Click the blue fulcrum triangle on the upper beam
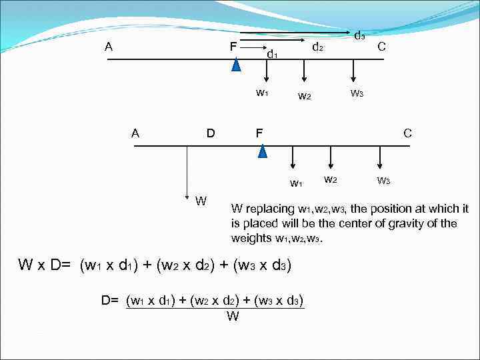(235, 64)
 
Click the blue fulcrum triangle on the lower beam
(262, 151)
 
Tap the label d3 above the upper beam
(359, 35)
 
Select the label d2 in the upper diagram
(318, 47)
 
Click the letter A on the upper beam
(108, 47)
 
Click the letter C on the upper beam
(381, 47)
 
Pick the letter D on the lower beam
(210, 133)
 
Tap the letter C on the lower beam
(407, 133)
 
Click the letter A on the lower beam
(135, 133)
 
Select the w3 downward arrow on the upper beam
(355, 71)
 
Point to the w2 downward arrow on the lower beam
(330, 157)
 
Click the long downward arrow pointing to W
(187, 170)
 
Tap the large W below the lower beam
(201, 201)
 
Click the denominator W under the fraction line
(233, 316)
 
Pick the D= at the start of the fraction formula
(110, 300)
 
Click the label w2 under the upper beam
(304, 97)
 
